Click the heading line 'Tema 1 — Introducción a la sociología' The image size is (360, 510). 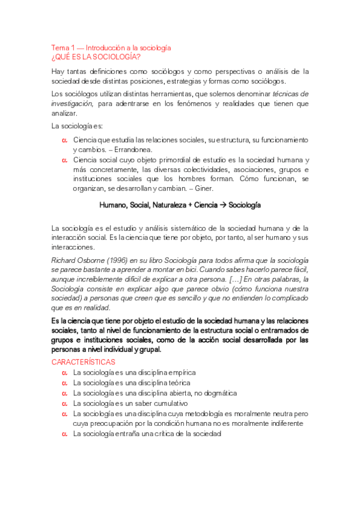pyautogui.click(x=112, y=48)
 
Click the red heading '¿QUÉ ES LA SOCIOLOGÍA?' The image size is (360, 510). pyautogui.click(x=96, y=57)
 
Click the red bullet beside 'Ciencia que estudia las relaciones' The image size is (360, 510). pyautogui.click(x=64, y=140)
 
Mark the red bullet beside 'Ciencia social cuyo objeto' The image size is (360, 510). pyautogui.click(x=64, y=160)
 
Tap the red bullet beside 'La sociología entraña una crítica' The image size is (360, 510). pyautogui.click(x=64, y=434)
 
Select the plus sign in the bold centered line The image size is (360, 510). pyautogui.click(x=189, y=205)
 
